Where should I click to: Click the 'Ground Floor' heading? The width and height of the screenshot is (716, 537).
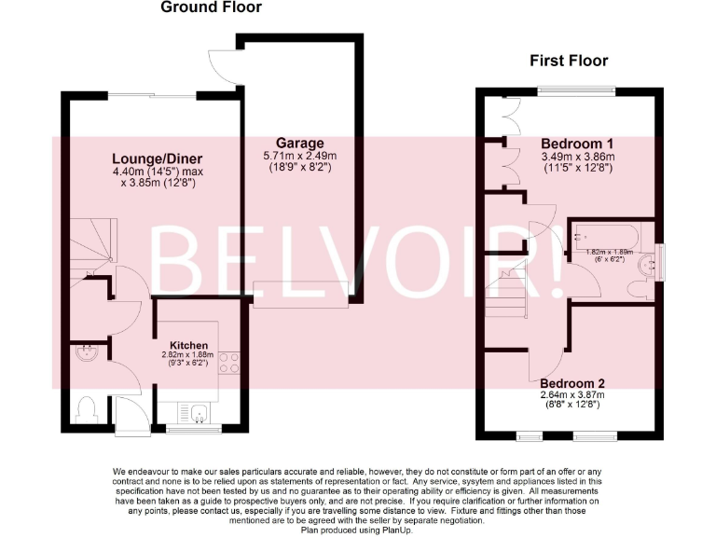(211, 7)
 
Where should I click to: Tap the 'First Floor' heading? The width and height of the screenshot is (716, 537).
(569, 62)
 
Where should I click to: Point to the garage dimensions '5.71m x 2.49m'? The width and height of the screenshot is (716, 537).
(298, 156)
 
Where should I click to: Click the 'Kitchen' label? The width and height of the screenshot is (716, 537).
(189, 345)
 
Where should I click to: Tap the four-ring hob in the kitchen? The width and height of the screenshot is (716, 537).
(228, 363)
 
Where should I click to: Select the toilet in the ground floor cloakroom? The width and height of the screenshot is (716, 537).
(86, 408)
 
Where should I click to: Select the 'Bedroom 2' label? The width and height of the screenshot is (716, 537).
(572, 383)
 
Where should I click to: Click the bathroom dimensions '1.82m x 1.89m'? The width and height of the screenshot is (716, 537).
(610, 252)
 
